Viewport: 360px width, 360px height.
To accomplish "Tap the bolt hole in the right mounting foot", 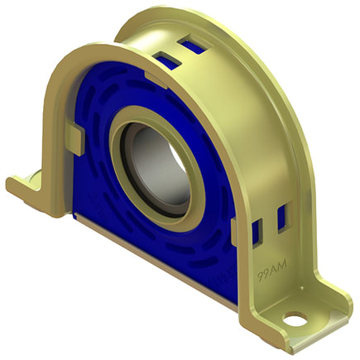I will [293, 316].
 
